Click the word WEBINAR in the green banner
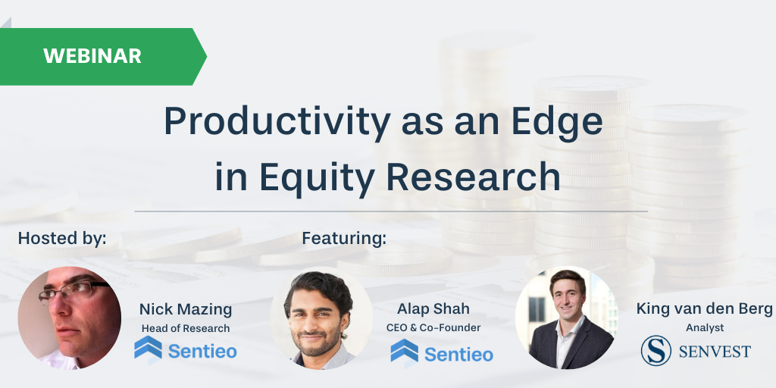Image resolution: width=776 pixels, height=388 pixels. [92, 56]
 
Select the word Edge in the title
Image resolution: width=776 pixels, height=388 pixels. [557, 122]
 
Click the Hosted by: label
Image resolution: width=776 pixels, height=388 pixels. [62, 238]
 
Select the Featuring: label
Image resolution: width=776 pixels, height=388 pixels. [344, 238]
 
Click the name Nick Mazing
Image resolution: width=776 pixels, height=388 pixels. [186, 310]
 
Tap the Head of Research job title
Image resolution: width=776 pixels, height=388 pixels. [186, 328]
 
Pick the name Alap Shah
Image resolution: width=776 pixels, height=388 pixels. [433, 309]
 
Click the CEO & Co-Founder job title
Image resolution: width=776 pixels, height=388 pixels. [433, 327]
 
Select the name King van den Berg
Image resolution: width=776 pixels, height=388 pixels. [705, 309]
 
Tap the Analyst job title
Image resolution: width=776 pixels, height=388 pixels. [705, 327]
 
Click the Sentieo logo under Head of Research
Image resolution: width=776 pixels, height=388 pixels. [186, 349]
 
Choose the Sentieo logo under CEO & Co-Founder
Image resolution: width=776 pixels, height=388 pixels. [442, 352]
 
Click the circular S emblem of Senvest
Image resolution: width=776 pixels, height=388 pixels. [656, 350]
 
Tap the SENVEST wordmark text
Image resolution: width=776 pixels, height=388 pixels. [715, 352]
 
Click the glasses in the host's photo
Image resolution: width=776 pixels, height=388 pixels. [74, 289]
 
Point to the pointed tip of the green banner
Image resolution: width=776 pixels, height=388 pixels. [206, 57]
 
